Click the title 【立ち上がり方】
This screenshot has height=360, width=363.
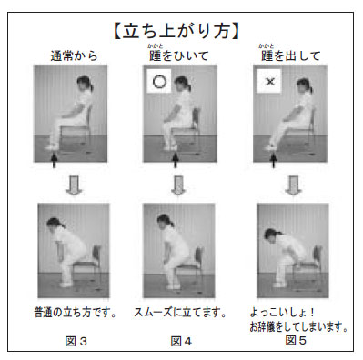[176, 31]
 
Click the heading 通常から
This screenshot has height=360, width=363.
[74, 56]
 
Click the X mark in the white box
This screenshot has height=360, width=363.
[269, 81]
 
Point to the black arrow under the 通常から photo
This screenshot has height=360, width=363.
[54, 160]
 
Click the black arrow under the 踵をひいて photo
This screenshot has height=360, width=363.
[175, 160]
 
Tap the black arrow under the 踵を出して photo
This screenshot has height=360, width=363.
[273, 160]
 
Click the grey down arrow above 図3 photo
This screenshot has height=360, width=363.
[74, 185]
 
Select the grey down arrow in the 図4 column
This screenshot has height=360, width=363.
[178, 185]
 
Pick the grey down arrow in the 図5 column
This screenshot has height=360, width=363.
[293, 185]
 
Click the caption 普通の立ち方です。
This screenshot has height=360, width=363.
[76, 313]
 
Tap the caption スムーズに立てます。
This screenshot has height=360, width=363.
[180, 313]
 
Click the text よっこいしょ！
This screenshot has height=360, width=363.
[282, 313]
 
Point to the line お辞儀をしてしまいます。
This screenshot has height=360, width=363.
[298, 326]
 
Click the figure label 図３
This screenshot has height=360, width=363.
[76, 341]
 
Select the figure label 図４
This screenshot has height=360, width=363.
[181, 341]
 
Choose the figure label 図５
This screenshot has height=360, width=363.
[296, 340]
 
